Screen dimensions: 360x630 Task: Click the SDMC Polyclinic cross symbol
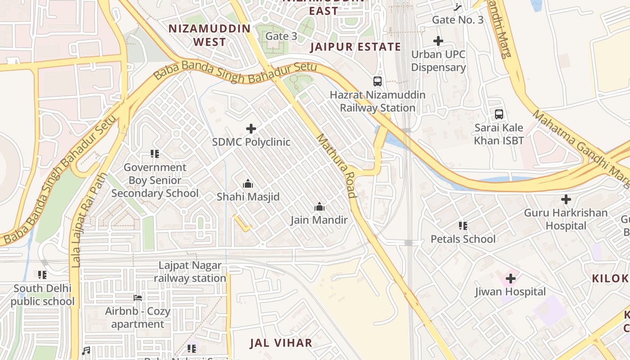pyautogui.click(x=251, y=129)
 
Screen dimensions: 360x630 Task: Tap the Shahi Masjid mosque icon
pyautogui.click(x=248, y=184)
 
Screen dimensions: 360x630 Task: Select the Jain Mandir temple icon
pyautogui.click(x=319, y=207)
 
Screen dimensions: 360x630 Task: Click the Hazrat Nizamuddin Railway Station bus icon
pyautogui.click(x=378, y=81)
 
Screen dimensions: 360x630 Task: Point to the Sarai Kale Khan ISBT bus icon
pyautogui.click(x=499, y=114)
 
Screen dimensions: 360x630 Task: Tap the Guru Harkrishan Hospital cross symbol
pyautogui.click(x=566, y=199)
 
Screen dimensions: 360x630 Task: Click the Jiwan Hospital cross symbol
pyautogui.click(x=510, y=279)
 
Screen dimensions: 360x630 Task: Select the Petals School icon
pyautogui.click(x=463, y=225)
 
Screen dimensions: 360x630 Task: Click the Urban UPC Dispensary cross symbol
pyautogui.click(x=438, y=41)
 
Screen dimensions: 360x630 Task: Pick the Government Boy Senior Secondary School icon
pyautogui.click(x=155, y=154)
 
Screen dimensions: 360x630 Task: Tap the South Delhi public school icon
pyautogui.click(x=42, y=274)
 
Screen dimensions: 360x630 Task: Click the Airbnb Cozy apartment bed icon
pyautogui.click(x=138, y=298)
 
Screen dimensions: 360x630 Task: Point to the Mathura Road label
pyautogui.click(x=337, y=166)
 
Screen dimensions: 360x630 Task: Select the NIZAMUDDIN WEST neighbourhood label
pyautogui.click(x=209, y=35)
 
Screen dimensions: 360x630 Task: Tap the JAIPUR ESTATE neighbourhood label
pyautogui.click(x=355, y=47)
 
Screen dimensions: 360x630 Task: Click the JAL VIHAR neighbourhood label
pyautogui.click(x=281, y=343)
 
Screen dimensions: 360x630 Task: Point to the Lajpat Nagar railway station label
pyautogui.click(x=190, y=272)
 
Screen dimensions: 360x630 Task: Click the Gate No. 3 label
pyautogui.click(x=458, y=20)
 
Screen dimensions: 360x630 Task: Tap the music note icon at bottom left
pyautogui.click(x=86, y=351)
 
